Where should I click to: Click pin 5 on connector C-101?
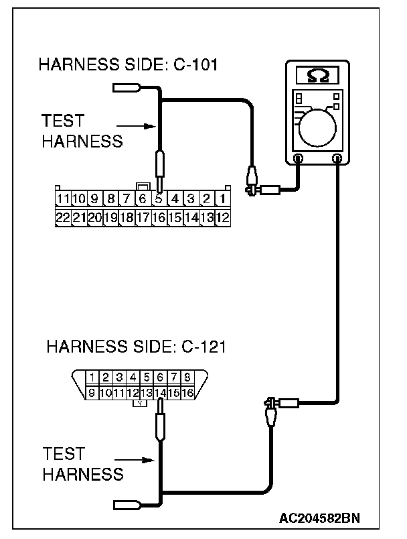(159, 199)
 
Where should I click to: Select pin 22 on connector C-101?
(63, 217)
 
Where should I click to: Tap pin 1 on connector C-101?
(223, 199)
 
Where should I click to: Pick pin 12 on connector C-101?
(223, 217)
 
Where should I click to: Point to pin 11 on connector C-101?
(63, 199)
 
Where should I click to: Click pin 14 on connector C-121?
(161, 392)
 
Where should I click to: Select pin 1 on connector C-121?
(94, 377)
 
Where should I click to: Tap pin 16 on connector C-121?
(187, 392)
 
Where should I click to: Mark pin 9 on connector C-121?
(93, 392)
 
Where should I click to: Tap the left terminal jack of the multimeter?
(298, 159)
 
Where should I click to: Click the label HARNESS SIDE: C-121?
(136, 347)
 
